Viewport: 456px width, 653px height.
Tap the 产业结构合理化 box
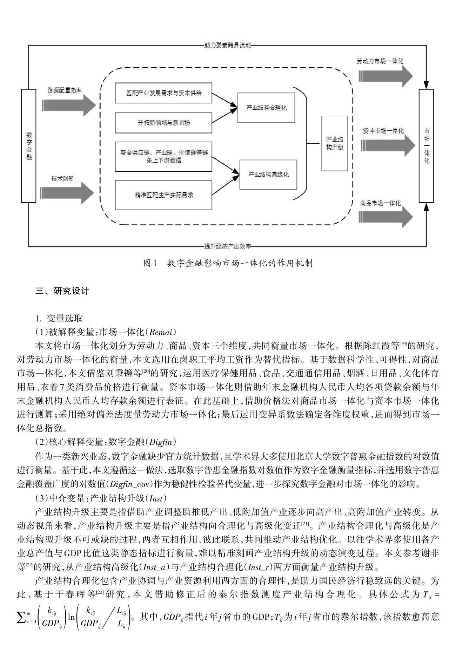pyautogui.click(x=266, y=108)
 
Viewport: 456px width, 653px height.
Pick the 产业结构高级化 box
pyautogui.click(x=268, y=174)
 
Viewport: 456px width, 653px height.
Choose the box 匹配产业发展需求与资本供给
pyautogui.click(x=163, y=94)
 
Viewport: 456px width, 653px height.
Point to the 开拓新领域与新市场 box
pyautogui.click(x=163, y=123)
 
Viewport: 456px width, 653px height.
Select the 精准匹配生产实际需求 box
pyautogui.click(x=163, y=195)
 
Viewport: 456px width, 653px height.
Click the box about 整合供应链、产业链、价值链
pyautogui.click(x=163, y=156)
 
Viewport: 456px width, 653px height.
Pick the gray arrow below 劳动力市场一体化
pyautogui.click(x=386, y=76)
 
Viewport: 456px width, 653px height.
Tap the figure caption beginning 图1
pyautogui.click(x=228, y=263)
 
